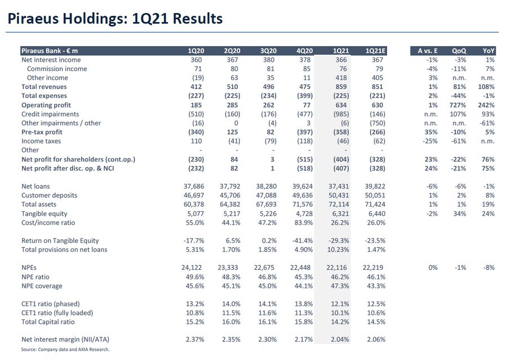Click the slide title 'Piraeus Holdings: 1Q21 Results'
[x=114, y=19]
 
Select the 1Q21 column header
[x=341, y=51]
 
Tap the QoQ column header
[x=459, y=51]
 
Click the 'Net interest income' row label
[x=51, y=60]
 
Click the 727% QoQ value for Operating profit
[x=458, y=105]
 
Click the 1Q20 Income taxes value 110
[x=197, y=141]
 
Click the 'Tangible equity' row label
[x=45, y=214]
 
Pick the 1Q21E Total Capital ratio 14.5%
[x=375, y=322]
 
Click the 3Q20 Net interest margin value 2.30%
[x=267, y=340]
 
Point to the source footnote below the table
[x=65, y=349]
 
